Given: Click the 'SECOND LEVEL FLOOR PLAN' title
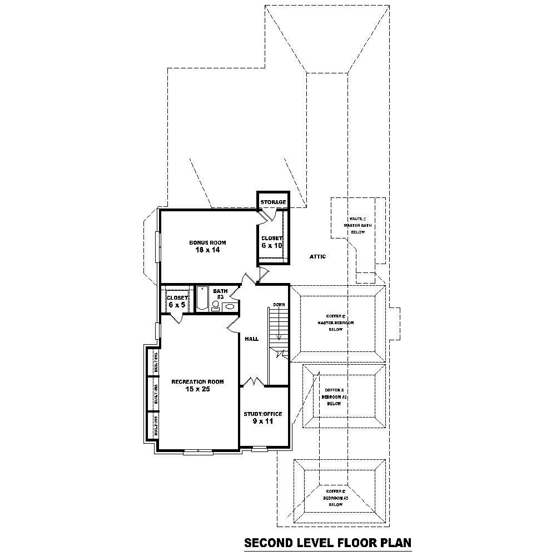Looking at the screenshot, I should [327, 542].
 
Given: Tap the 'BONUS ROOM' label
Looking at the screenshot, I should [207, 242].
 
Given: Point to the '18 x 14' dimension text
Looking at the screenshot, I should [207, 250].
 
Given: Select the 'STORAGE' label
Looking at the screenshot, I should [273, 202].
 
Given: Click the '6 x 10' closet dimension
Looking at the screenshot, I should [272, 246].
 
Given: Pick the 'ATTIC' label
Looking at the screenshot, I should [317, 256].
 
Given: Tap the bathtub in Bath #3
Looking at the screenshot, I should [202, 299].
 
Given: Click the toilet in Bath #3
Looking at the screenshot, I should [215, 305].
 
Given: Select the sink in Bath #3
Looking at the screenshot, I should [229, 306].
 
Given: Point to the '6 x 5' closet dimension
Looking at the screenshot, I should [176, 305].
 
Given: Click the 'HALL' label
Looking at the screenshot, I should [252, 338].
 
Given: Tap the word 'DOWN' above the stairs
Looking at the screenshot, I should [279, 305].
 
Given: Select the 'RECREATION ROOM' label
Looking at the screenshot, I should [197, 381].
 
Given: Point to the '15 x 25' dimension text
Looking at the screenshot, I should [197, 389].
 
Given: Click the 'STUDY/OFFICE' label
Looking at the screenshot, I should [263, 414].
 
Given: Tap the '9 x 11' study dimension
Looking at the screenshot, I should [263, 422].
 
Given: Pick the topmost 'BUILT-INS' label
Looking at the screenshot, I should [156, 361].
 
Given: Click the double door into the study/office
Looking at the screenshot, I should [253, 383].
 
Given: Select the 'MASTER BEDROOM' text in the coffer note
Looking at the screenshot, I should [336, 322].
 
